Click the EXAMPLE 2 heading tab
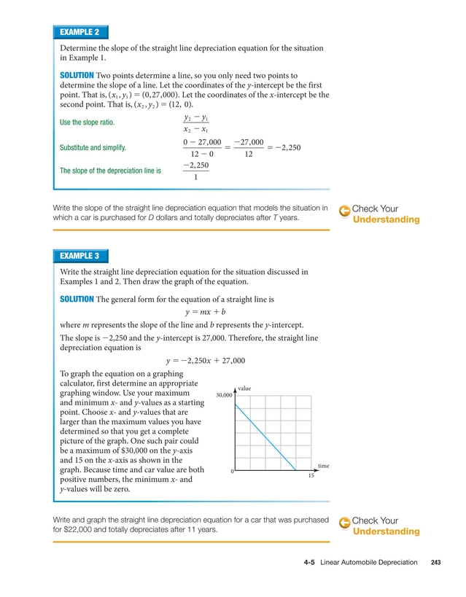pos(80,32)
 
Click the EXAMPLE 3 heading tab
pos(80,256)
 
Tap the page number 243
pos(436,563)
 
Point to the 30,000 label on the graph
pos(224,395)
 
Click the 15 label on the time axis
pos(311,475)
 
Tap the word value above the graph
pos(244,389)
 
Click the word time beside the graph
pos(324,465)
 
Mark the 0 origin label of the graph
pos(232,472)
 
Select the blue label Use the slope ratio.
pos(91,122)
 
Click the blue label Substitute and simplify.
pos(93,147)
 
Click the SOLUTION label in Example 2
pos(77,75)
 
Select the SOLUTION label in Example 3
pos(77,299)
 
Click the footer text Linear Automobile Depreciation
pos(369,563)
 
